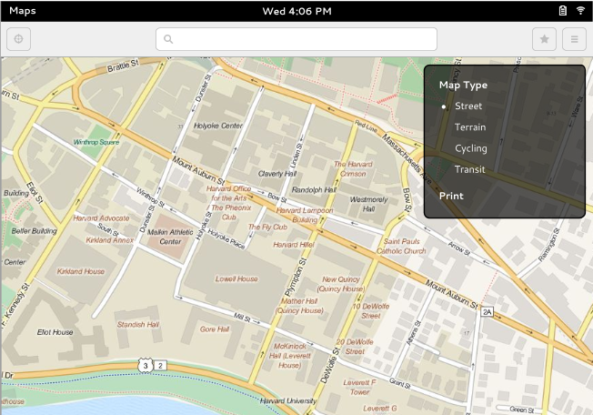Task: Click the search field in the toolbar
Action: [296, 39]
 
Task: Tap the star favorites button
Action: [544, 39]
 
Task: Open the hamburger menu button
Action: [574, 39]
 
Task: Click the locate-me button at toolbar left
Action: [18, 39]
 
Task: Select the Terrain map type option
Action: [470, 127]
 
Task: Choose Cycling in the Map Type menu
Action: [471, 148]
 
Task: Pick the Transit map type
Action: [470, 169]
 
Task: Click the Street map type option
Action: [468, 106]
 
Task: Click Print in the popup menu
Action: [451, 196]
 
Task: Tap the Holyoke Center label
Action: [219, 126]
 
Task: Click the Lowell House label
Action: [236, 278]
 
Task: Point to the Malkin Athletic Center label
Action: [170, 237]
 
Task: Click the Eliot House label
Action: [55, 332]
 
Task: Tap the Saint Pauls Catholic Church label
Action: [401, 246]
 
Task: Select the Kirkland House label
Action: [81, 271]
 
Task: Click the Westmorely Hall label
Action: [368, 204]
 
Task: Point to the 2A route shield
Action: [487, 312]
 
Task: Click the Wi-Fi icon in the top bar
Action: [579, 10]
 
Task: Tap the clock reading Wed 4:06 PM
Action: [296, 11]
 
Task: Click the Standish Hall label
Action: [137, 324]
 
